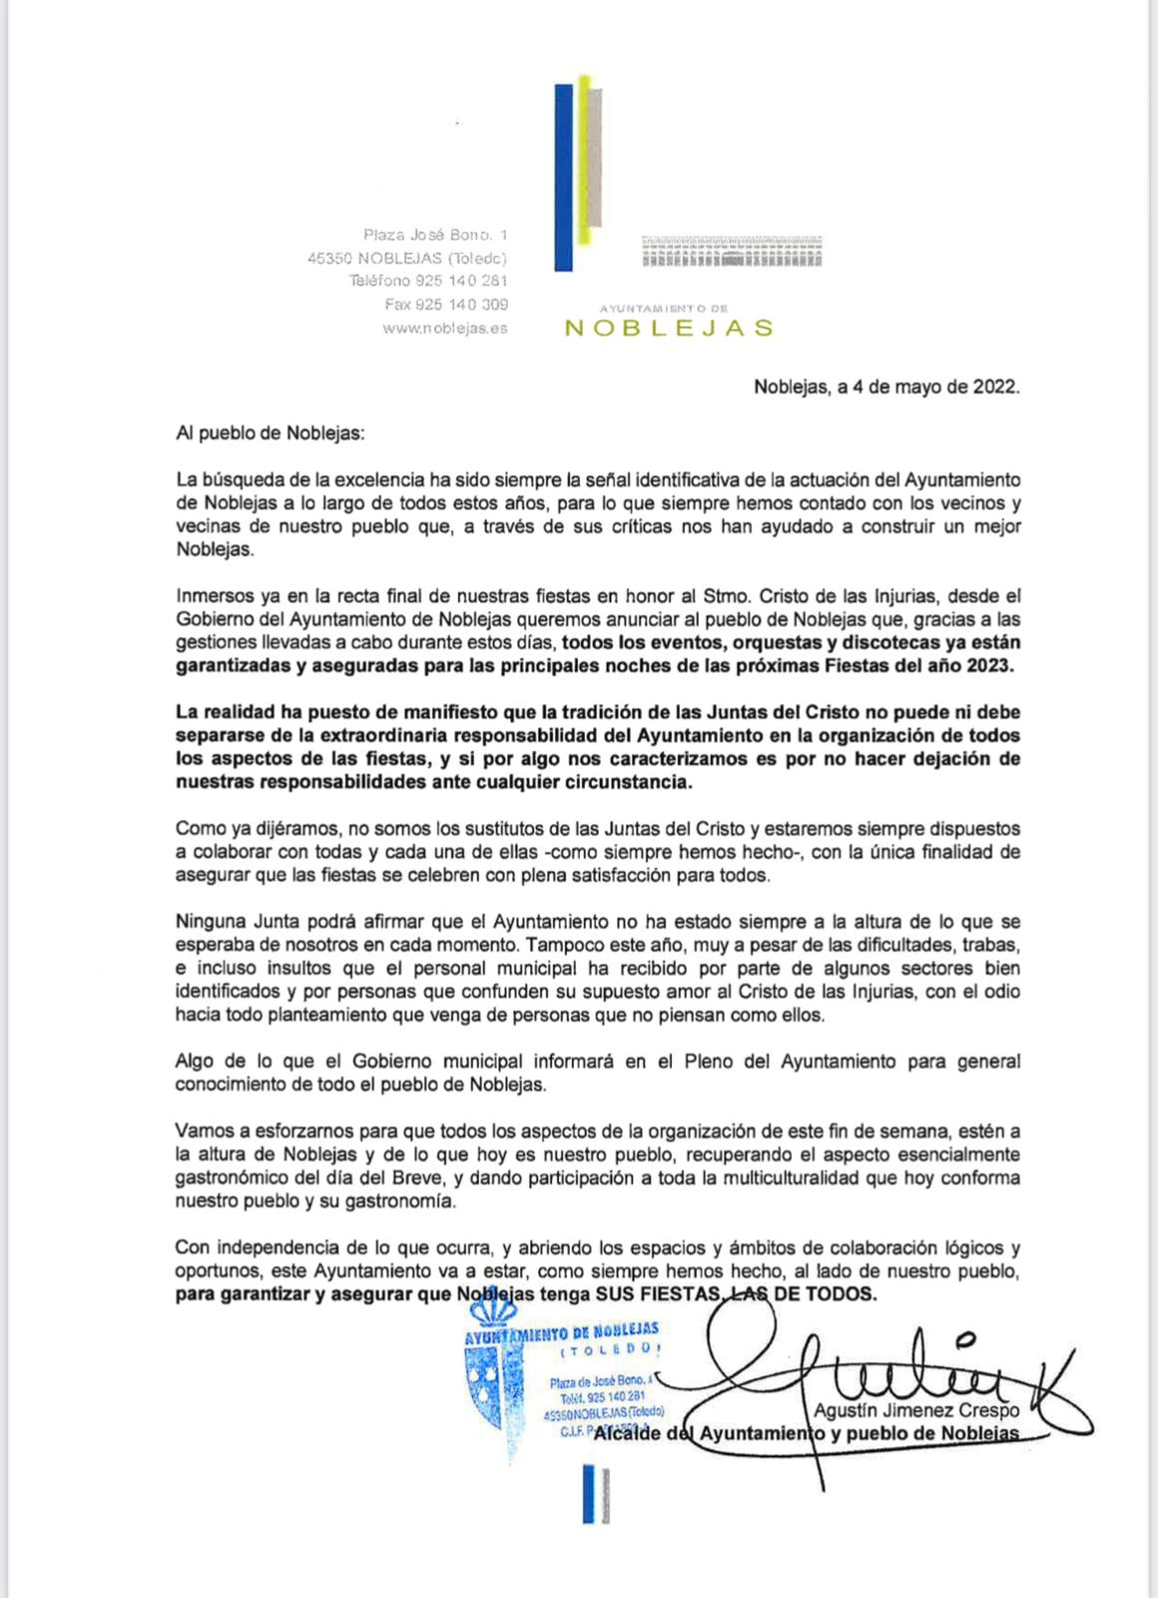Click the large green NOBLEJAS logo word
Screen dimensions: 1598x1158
point(669,329)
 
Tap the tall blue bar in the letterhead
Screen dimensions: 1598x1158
point(563,177)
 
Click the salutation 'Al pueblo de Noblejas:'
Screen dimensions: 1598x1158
point(271,433)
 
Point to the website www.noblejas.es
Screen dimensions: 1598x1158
point(444,329)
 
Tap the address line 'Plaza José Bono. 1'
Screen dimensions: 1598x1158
point(435,236)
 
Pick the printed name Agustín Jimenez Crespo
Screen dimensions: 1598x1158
point(916,1410)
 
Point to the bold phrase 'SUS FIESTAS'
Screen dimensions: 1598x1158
point(657,1294)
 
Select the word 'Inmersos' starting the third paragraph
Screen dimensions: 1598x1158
point(215,596)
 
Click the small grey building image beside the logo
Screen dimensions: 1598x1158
point(731,252)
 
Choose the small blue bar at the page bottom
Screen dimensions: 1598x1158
point(589,1494)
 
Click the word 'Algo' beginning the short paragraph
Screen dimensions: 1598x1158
point(195,1061)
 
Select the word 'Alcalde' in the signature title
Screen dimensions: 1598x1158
point(629,1434)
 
